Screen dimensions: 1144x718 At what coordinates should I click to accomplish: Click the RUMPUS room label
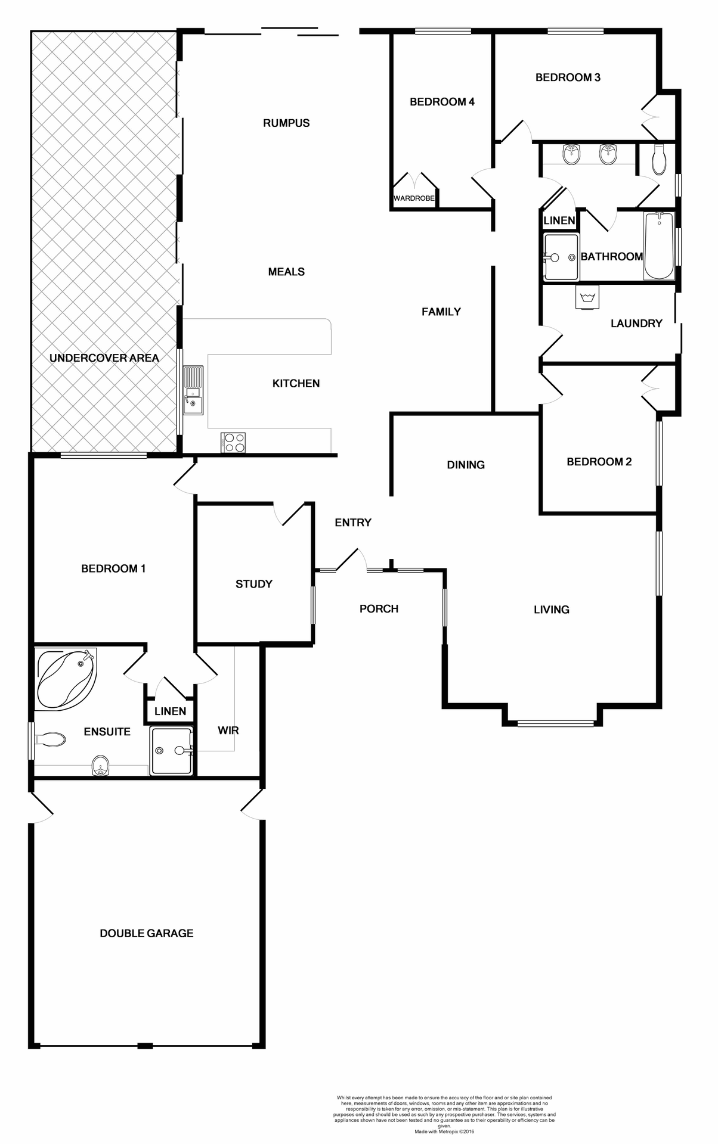286,123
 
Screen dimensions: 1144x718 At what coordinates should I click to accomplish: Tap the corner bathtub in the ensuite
66,679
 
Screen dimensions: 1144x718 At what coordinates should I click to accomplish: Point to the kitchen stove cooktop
233,442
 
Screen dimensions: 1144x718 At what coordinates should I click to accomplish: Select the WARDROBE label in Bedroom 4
414,198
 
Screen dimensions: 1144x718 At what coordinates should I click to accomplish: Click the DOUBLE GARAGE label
147,934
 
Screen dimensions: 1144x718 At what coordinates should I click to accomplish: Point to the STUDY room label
254,584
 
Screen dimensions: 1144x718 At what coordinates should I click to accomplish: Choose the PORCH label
379,608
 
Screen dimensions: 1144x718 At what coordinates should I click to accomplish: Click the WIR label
228,730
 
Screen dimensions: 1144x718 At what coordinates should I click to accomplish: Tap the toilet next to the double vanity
658,160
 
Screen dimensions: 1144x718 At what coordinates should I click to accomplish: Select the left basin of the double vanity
571,155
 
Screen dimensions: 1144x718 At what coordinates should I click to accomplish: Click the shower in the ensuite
172,751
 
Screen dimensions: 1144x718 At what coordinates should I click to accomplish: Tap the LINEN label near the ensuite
170,711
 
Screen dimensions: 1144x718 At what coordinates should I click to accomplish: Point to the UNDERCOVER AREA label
104,358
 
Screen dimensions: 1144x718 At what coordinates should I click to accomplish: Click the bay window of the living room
556,723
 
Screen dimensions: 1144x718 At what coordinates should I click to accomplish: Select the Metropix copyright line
444,1131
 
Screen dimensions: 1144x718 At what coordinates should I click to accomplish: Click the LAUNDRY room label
636,324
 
